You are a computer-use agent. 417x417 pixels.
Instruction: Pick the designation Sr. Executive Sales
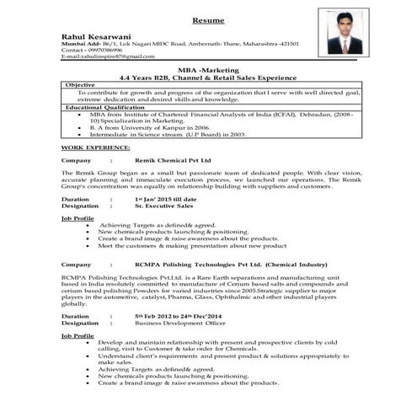165,205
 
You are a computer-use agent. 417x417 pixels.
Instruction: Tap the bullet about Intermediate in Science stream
168,134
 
